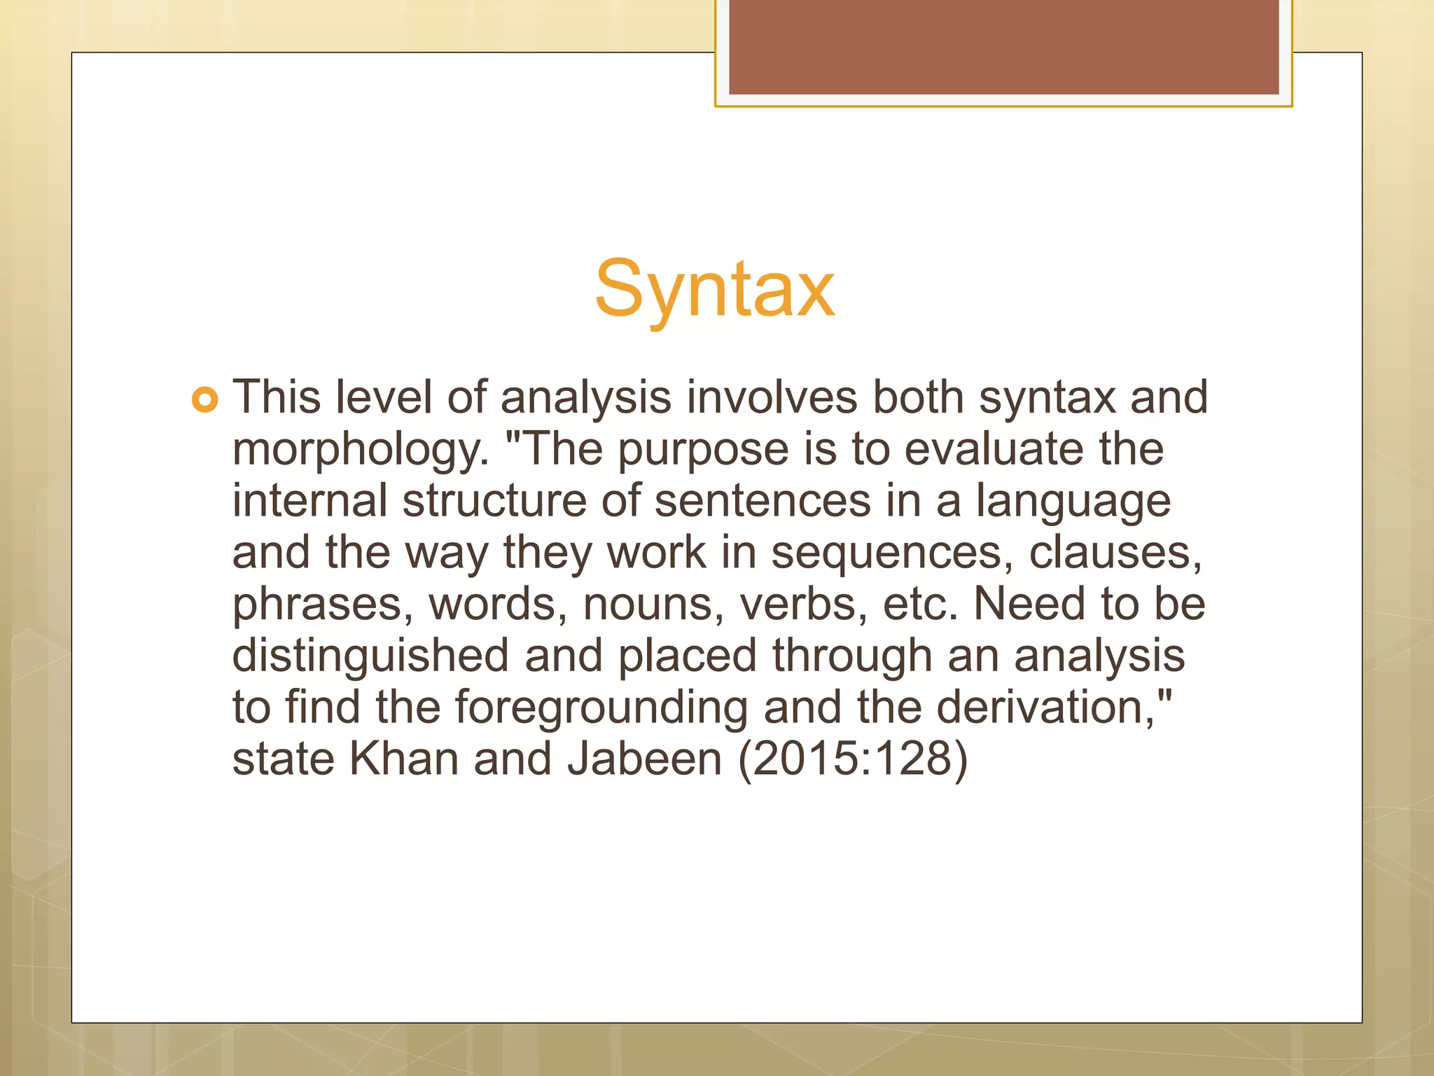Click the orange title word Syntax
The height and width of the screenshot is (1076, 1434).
click(714, 289)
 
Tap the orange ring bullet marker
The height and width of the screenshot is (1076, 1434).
click(204, 400)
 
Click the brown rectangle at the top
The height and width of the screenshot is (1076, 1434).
click(1003, 47)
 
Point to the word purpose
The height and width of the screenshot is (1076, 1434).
click(702, 450)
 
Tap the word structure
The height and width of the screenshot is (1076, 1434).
click(494, 501)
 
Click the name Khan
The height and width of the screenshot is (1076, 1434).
click(403, 759)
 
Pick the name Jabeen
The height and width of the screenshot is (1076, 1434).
click(644, 759)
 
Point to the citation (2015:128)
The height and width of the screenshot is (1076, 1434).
click(853, 760)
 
